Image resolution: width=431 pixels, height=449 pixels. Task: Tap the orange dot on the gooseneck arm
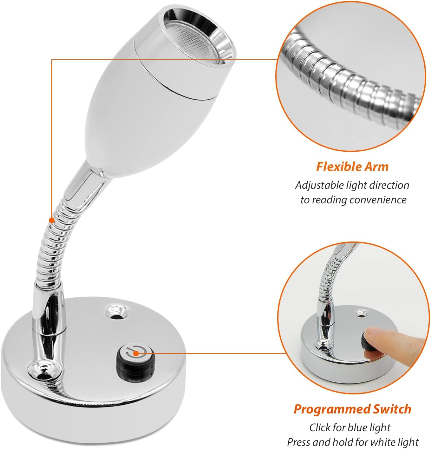click(52, 220)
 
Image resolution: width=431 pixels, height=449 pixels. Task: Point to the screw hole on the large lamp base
click(116, 312)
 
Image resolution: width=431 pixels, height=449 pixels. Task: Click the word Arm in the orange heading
click(376, 167)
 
